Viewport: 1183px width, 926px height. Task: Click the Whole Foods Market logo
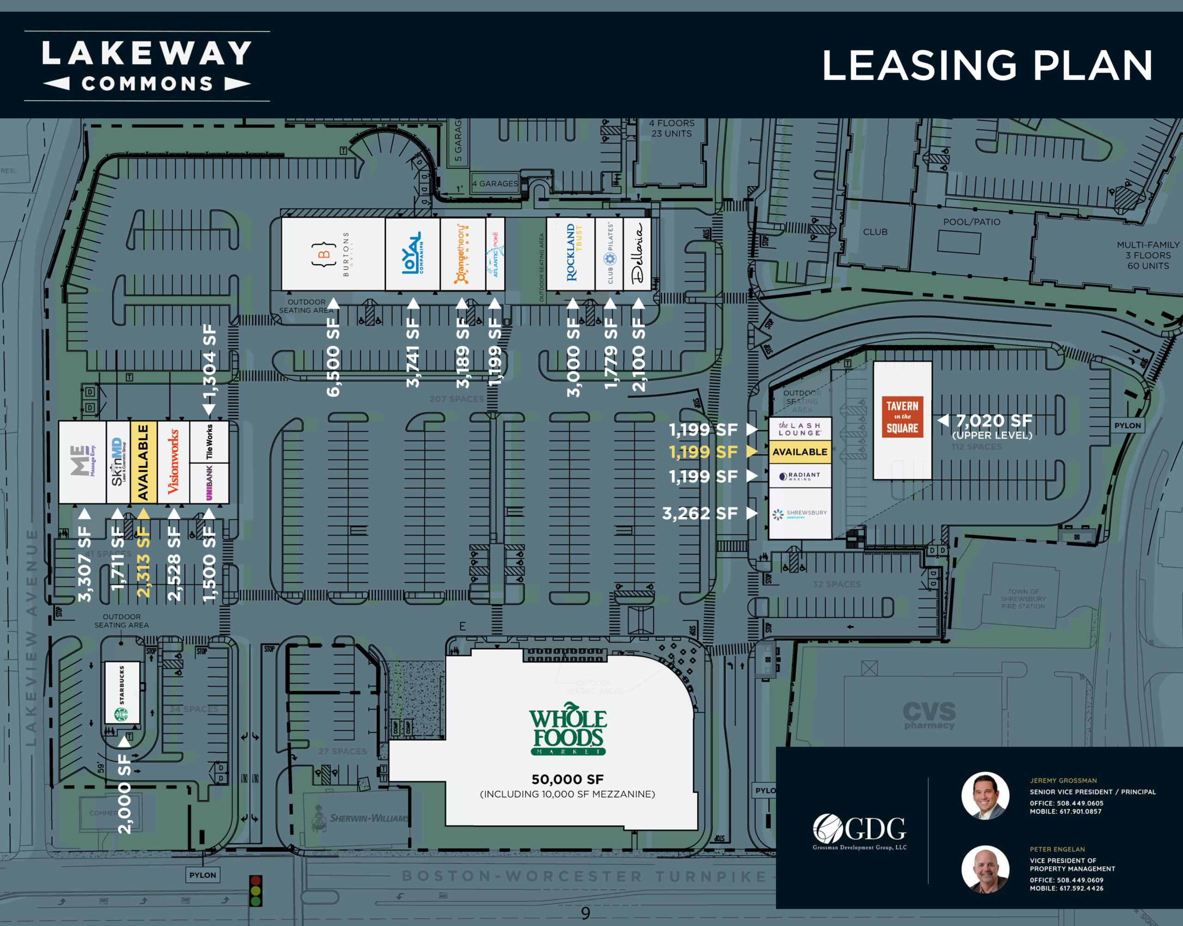[x=567, y=729]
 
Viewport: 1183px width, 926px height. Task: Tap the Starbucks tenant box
[x=122, y=692]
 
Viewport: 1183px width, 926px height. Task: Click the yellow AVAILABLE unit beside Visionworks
[x=143, y=463]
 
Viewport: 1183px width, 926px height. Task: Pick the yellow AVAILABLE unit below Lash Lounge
[x=800, y=451]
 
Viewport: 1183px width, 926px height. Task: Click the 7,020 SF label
[x=993, y=420]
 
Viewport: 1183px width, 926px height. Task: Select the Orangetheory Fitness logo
[x=462, y=254]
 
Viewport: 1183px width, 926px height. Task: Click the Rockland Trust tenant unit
[x=570, y=254]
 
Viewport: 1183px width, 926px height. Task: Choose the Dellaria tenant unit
[x=637, y=254]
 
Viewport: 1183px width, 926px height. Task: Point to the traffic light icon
[x=256, y=890]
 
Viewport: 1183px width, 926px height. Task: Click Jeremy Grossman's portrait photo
[x=985, y=795]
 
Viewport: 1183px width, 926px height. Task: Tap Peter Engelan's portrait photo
[x=985, y=869]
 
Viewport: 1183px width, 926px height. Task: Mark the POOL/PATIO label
[x=971, y=222]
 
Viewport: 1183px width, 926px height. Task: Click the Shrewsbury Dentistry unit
[x=800, y=513]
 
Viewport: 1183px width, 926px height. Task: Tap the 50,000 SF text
[x=567, y=779]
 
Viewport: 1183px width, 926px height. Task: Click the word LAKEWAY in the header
[x=147, y=53]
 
